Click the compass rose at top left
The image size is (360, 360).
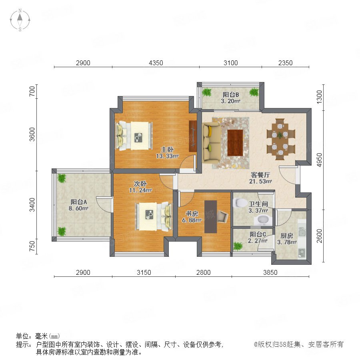pyautogui.click(x=20, y=20)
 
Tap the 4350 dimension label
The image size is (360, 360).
pyautogui.click(x=156, y=63)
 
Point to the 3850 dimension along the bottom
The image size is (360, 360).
pyautogui.click(x=270, y=272)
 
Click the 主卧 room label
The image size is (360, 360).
pyautogui.click(x=167, y=150)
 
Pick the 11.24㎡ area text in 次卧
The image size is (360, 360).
pyautogui.click(x=140, y=190)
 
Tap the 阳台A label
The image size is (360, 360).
pyautogui.click(x=78, y=202)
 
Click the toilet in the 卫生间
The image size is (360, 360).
pyautogui.click(x=239, y=203)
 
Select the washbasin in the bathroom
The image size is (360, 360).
pyautogui.click(x=263, y=220)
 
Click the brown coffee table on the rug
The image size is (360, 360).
pyautogui.click(x=235, y=142)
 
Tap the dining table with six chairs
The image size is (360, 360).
pyautogui.click(x=280, y=139)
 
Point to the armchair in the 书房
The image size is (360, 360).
pyautogui.click(x=222, y=216)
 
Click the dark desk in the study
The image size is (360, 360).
pyautogui.click(x=210, y=217)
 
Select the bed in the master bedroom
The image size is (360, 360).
pyautogui.click(x=134, y=136)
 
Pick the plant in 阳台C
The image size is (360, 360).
pyautogui.click(x=238, y=246)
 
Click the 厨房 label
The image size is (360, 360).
pyautogui.click(x=287, y=236)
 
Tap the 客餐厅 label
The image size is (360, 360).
pyautogui.click(x=260, y=175)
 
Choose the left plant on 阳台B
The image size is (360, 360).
pyautogui.click(x=207, y=92)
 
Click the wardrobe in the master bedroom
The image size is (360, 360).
pyautogui.click(x=193, y=136)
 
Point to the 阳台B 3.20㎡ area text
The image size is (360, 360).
pyautogui.click(x=230, y=101)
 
